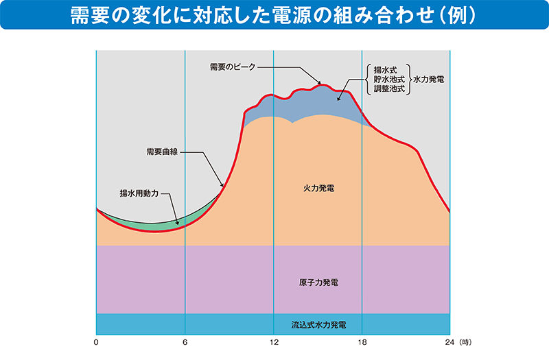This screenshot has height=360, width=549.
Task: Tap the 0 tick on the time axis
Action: click(x=96, y=342)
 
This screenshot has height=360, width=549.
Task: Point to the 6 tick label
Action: click(x=185, y=342)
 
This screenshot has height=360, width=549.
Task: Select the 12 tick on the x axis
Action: click(x=274, y=342)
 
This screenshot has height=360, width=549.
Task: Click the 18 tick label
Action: click(x=362, y=342)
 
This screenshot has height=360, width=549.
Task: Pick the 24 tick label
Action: click(x=450, y=342)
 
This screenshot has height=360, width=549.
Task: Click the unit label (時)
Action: click(x=465, y=342)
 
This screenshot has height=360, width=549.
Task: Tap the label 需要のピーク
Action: click(x=233, y=67)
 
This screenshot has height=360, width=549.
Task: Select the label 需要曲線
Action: click(x=162, y=152)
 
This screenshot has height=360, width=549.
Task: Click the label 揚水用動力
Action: click(x=139, y=193)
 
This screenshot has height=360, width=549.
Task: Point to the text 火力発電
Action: click(x=318, y=188)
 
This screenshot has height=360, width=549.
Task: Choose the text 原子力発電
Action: click(x=318, y=283)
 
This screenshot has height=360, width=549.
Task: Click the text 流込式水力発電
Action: click(x=318, y=325)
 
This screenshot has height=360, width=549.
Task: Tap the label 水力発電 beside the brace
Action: click(x=428, y=80)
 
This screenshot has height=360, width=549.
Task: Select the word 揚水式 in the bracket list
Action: click(x=386, y=70)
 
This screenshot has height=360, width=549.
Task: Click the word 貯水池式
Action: click(x=389, y=80)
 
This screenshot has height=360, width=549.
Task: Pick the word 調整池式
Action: click(x=389, y=89)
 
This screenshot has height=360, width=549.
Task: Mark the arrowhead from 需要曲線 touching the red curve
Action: click(x=222, y=184)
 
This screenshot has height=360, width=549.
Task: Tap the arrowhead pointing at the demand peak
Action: click(x=319, y=82)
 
